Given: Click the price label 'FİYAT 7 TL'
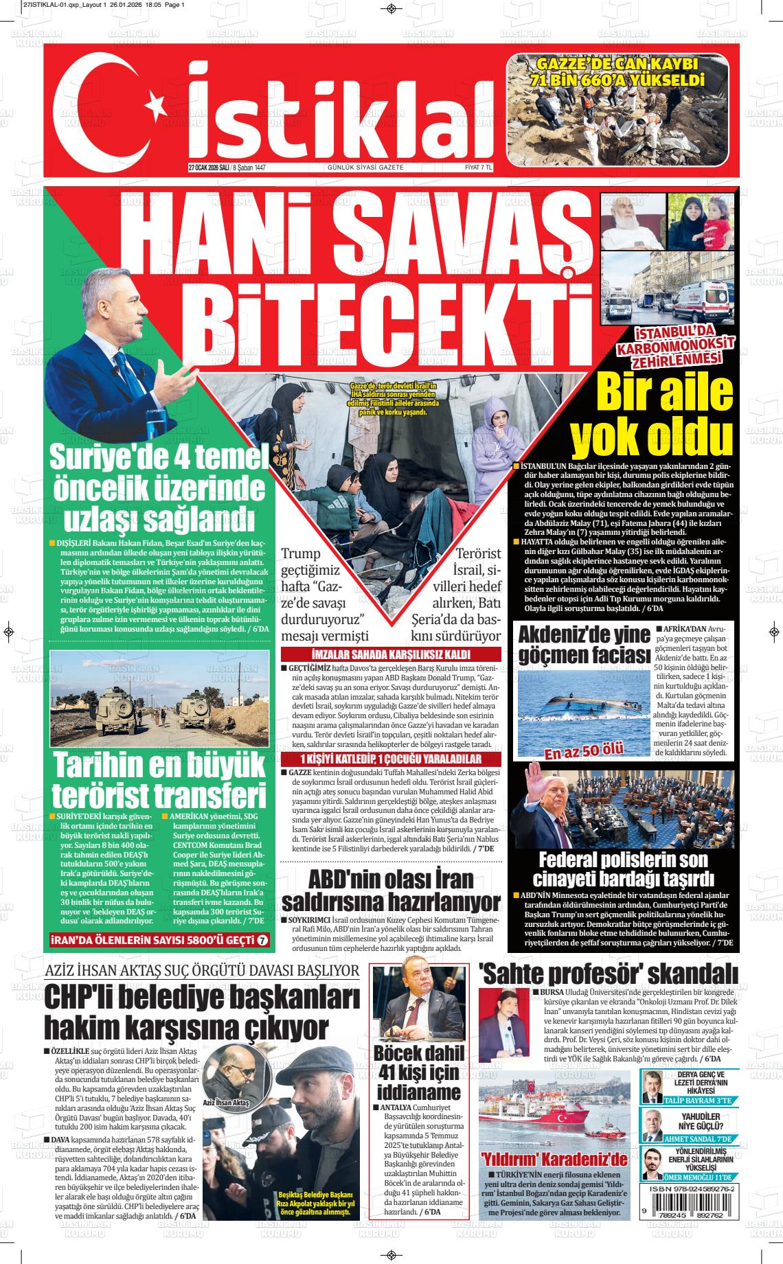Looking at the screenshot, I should (x=479, y=168).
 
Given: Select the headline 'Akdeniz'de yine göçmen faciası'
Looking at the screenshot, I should (x=583, y=645).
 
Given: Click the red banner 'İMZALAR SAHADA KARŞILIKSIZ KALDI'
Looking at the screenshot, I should (x=391, y=654).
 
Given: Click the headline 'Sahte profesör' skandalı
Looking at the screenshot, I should (x=608, y=974).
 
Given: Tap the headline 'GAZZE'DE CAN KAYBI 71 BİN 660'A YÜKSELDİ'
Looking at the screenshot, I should (x=617, y=72).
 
